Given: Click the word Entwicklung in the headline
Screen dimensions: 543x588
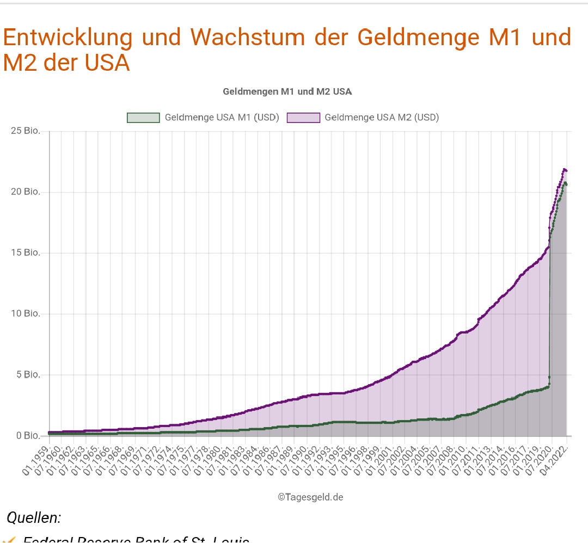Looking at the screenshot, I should pyautogui.click(x=68, y=37).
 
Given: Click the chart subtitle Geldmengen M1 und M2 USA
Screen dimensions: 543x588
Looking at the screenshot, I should pyautogui.click(x=287, y=91).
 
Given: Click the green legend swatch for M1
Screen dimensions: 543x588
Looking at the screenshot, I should pyautogui.click(x=143, y=118).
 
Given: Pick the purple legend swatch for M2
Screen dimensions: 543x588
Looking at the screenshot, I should pyautogui.click(x=303, y=118).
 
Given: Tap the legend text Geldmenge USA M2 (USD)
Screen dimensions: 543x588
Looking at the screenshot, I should pyautogui.click(x=382, y=118).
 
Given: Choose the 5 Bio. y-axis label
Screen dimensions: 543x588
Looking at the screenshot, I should pyautogui.click(x=28, y=375).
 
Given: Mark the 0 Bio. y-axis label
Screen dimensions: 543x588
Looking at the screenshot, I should pyautogui.click(x=28, y=436).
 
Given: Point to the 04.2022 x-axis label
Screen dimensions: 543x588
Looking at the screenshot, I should pyautogui.click(x=556, y=460).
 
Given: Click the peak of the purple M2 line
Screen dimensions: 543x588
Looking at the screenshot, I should pyautogui.click(x=565, y=170).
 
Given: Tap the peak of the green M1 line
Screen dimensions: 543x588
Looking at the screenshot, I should pyautogui.click(x=565, y=183).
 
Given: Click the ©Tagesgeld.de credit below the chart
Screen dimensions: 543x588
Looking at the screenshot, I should pyautogui.click(x=310, y=497).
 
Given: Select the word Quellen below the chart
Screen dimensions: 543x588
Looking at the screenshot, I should pyautogui.click(x=34, y=518).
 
